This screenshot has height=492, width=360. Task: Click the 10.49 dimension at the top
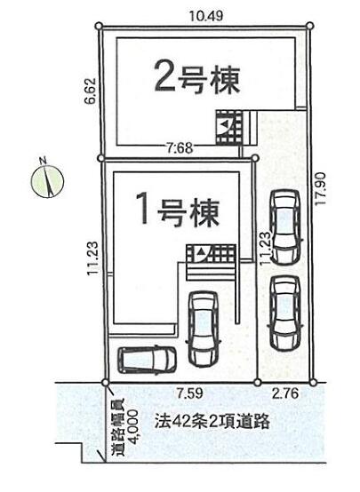click(206, 15)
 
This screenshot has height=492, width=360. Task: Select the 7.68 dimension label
click(180, 147)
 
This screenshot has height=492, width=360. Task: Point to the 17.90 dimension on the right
click(322, 189)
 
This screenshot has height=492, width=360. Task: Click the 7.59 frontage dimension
click(189, 393)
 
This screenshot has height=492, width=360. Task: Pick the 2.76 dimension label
click(285, 393)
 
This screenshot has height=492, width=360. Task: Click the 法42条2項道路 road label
click(212, 422)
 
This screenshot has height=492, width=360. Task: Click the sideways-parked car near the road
click(147, 360)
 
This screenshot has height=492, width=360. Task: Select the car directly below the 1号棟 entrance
click(204, 329)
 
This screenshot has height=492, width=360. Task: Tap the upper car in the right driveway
click(285, 227)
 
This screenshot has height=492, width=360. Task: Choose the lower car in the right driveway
click(285, 313)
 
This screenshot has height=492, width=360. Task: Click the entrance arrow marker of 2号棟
click(224, 124)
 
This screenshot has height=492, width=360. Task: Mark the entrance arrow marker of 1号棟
click(201, 251)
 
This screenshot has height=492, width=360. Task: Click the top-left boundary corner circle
click(99, 26)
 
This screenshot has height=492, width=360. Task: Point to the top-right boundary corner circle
click(310, 26)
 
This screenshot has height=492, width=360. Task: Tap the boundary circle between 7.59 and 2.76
click(257, 382)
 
